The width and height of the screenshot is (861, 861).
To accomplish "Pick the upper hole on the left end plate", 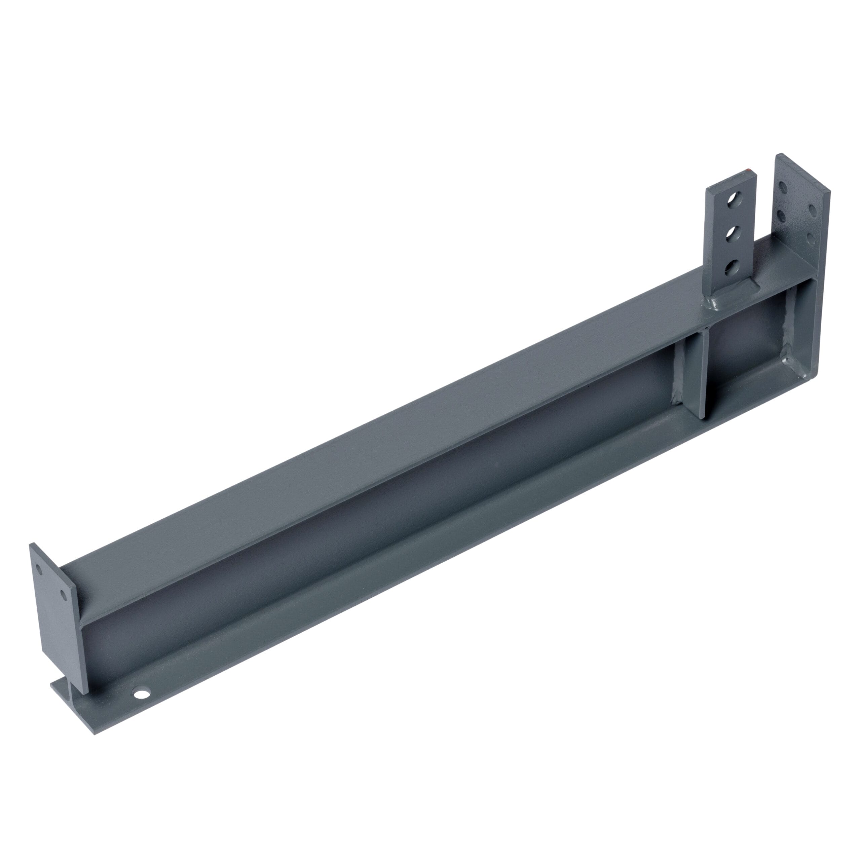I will pyautogui.click(x=40, y=569).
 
